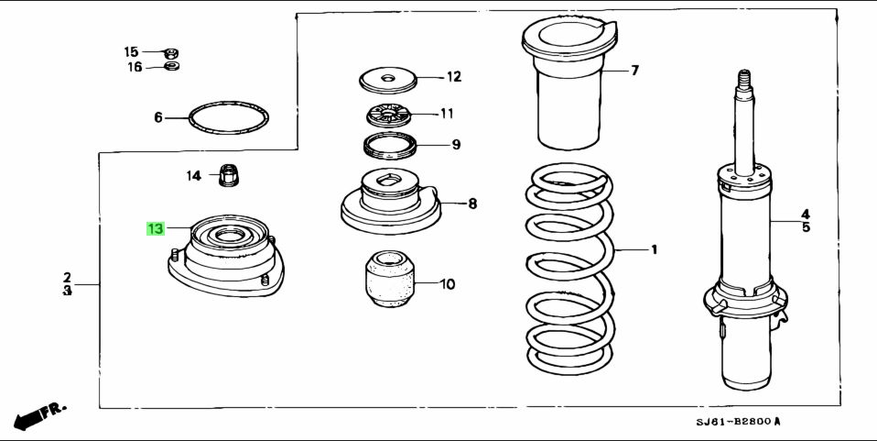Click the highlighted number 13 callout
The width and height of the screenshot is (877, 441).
click(x=155, y=228)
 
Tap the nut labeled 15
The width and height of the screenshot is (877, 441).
click(x=171, y=52)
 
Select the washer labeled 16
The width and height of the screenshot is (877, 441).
click(x=172, y=66)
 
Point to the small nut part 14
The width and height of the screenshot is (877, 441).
click(x=228, y=174)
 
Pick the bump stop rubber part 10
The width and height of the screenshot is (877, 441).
click(x=390, y=279)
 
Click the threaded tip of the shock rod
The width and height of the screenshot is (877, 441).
click(x=743, y=79)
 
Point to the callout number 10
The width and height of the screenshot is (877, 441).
click(x=447, y=284)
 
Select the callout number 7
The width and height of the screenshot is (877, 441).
click(x=634, y=71)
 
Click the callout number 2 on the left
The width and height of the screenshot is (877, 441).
click(x=67, y=277)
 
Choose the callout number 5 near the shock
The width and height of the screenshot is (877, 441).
click(x=806, y=227)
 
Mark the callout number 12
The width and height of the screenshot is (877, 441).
click(x=454, y=77)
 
